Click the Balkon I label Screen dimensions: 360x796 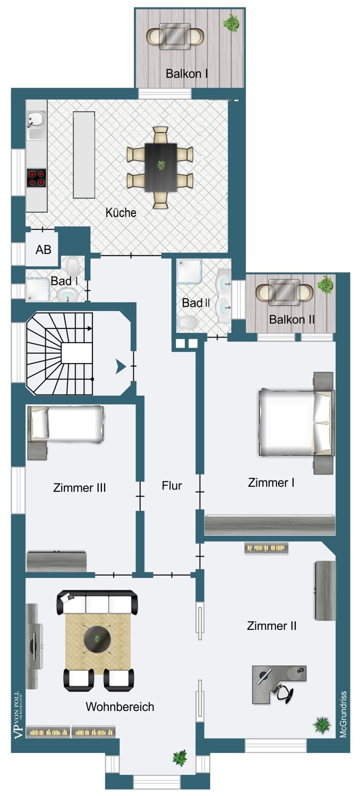186,74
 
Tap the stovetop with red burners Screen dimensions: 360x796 37,178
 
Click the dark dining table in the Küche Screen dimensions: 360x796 160,167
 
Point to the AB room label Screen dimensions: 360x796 44,249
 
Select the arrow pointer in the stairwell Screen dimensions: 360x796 121,366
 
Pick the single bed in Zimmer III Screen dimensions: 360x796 66,424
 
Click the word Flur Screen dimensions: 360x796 172,486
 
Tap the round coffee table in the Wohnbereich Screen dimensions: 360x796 97,638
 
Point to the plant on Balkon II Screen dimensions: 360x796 325,284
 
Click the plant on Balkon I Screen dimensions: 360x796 231,23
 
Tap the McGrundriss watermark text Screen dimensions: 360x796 344,714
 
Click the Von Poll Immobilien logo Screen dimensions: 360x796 19,715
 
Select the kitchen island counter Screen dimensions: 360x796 84,155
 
